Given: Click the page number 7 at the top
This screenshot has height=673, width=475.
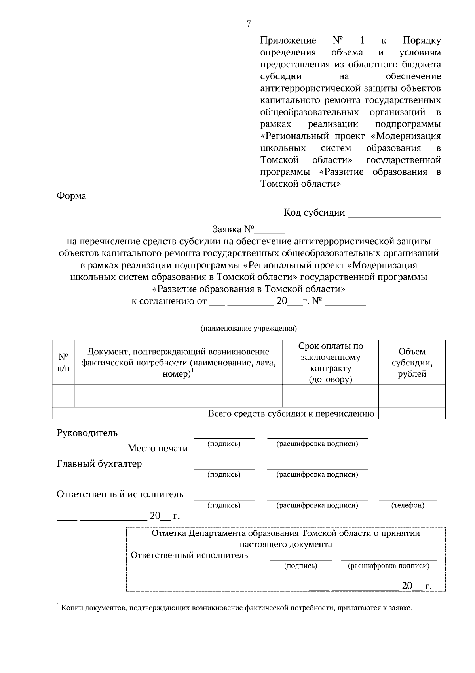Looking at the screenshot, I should tap(249, 24).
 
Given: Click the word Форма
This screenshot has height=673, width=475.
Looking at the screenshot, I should tap(71, 196).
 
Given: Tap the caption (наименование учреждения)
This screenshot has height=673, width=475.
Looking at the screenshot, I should tap(249, 328).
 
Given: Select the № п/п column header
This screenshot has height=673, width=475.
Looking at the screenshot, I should tap(63, 362).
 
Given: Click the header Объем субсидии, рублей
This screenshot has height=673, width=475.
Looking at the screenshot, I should tap(412, 362).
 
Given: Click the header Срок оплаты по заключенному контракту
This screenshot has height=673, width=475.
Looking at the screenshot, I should tap(331, 362).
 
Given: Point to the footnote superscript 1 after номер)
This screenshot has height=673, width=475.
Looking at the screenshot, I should tap(192, 370).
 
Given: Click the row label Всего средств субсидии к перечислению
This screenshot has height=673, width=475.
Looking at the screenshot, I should tap(291, 414).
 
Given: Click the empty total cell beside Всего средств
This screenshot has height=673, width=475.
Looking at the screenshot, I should tap(412, 414).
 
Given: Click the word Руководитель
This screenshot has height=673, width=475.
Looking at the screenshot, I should tap(87, 432).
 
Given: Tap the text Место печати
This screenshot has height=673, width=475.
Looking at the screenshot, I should tap(158, 448).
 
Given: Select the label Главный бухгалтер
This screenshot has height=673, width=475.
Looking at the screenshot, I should tap(99, 463).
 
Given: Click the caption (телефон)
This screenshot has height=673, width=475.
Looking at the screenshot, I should tap(408, 505).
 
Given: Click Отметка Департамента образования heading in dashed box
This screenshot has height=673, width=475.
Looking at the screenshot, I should tap(286, 533).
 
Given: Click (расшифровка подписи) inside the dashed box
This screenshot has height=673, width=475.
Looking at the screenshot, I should tap(388, 566).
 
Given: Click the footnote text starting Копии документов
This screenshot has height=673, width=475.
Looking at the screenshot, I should tap(236, 608).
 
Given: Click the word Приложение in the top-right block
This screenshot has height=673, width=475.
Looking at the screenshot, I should tap(288, 40).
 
